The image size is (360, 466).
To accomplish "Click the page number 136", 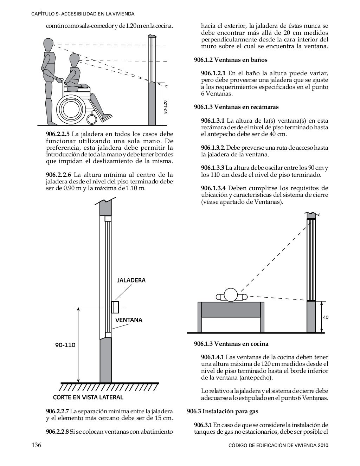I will click(37, 445).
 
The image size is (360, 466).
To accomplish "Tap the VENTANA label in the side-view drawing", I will click(129, 320).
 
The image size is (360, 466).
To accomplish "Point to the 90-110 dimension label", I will click(65, 345).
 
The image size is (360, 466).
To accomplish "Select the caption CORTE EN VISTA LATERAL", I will click(88, 397).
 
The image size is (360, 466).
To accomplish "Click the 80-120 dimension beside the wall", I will click(165, 107).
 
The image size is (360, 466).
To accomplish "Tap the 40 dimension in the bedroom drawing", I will click(326, 317).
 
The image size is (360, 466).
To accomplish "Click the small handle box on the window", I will click(115, 307).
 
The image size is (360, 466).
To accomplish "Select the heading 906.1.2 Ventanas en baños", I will click(231, 60).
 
